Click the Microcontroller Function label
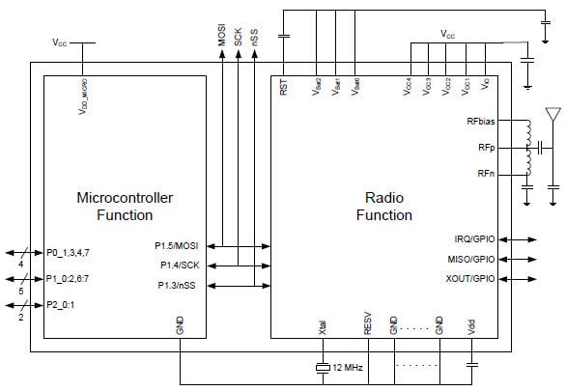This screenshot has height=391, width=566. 125,207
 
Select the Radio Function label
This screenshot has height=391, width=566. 383,207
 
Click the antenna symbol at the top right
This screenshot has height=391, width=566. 552,114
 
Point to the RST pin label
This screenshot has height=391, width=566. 283,88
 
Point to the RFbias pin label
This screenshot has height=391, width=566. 480,122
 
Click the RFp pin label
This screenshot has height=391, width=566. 486,148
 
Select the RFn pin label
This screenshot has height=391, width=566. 486,173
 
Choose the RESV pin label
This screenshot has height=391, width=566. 368,323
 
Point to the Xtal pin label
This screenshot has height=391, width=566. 322,326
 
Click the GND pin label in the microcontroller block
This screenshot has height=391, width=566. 181,326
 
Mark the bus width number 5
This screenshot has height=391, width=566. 19,289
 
